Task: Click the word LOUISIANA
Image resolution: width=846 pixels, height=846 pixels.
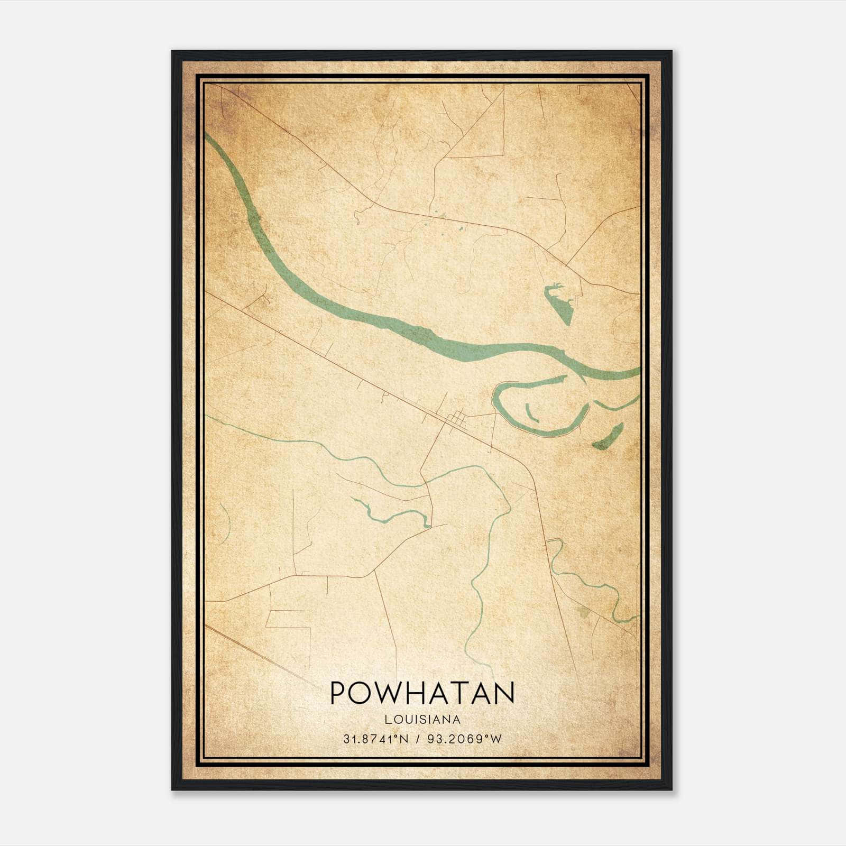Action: tap(422, 720)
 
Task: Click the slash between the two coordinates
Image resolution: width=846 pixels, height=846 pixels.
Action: tap(418, 739)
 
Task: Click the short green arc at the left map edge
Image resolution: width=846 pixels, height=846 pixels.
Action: tap(225, 523)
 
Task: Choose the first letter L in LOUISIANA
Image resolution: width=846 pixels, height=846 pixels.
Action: tap(388, 720)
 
